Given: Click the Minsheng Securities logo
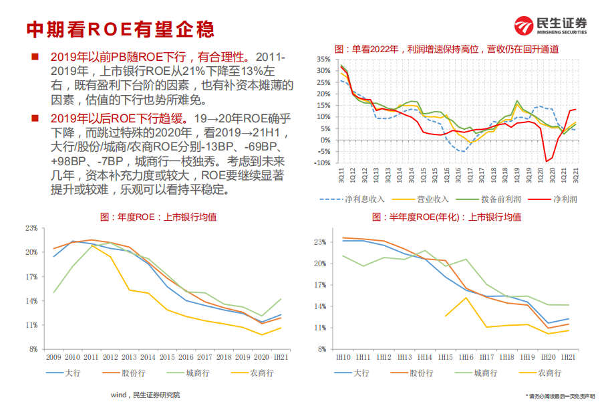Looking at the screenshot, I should coord(550,26).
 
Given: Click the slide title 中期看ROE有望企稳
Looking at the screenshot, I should coord(120,29).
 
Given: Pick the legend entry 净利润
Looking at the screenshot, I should coord(564,199).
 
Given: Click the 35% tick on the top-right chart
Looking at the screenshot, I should coord(323,60).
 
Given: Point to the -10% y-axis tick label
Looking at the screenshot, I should coord(322,163).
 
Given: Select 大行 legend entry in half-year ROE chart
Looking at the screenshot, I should coord(361,373).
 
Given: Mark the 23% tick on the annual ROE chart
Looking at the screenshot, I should coord(31,228).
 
